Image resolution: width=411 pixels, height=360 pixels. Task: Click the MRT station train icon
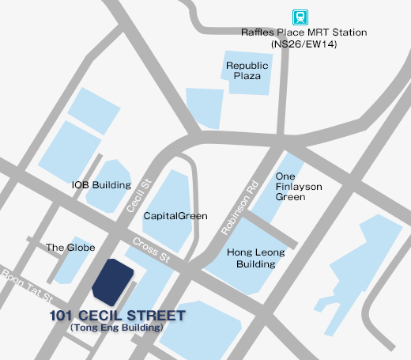[x=300, y=16]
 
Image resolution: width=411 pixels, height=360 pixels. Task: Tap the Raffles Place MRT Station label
[x=304, y=33]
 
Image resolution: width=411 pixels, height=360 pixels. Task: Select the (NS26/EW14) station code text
[x=304, y=45]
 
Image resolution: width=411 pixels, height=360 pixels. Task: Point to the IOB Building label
[x=101, y=184]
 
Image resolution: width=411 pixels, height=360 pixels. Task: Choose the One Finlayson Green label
[x=290, y=186]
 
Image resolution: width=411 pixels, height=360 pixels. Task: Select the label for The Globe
[x=66, y=247]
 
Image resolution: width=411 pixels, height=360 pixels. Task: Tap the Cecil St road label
[x=139, y=193]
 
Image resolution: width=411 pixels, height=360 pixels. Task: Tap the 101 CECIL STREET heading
[x=117, y=316]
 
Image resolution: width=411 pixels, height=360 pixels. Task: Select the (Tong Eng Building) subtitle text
[x=116, y=328]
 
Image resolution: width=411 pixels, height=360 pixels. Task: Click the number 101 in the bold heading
[x=61, y=316]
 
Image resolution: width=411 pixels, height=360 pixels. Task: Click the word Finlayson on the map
[x=290, y=186]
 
